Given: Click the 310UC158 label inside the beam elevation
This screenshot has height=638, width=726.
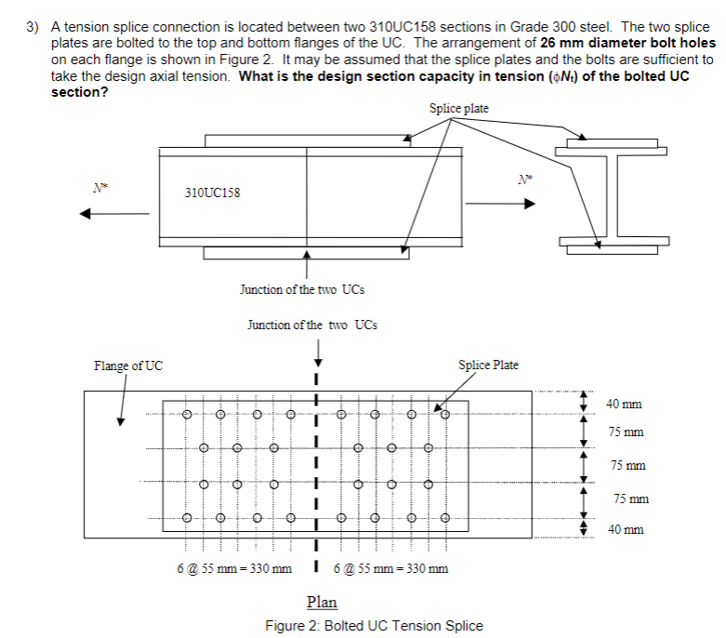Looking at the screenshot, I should click(x=213, y=193).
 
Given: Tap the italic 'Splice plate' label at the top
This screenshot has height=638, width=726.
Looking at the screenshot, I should click(x=459, y=109).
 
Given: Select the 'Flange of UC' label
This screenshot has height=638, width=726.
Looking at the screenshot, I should click(x=128, y=365).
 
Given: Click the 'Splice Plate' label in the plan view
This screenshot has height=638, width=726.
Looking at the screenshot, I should click(x=489, y=365).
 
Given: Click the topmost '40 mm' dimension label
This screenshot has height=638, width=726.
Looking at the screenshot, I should click(x=624, y=404).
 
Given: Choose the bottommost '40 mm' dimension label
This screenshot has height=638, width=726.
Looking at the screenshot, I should click(x=624, y=529).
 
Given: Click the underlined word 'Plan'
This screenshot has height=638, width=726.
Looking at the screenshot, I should click(x=322, y=602).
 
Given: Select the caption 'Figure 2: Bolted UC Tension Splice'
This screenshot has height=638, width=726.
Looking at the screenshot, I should click(x=374, y=624).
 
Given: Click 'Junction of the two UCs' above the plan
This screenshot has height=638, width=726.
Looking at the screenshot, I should click(x=312, y=325).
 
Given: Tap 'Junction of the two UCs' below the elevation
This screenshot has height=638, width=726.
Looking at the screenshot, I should click(x=303, y=289).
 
